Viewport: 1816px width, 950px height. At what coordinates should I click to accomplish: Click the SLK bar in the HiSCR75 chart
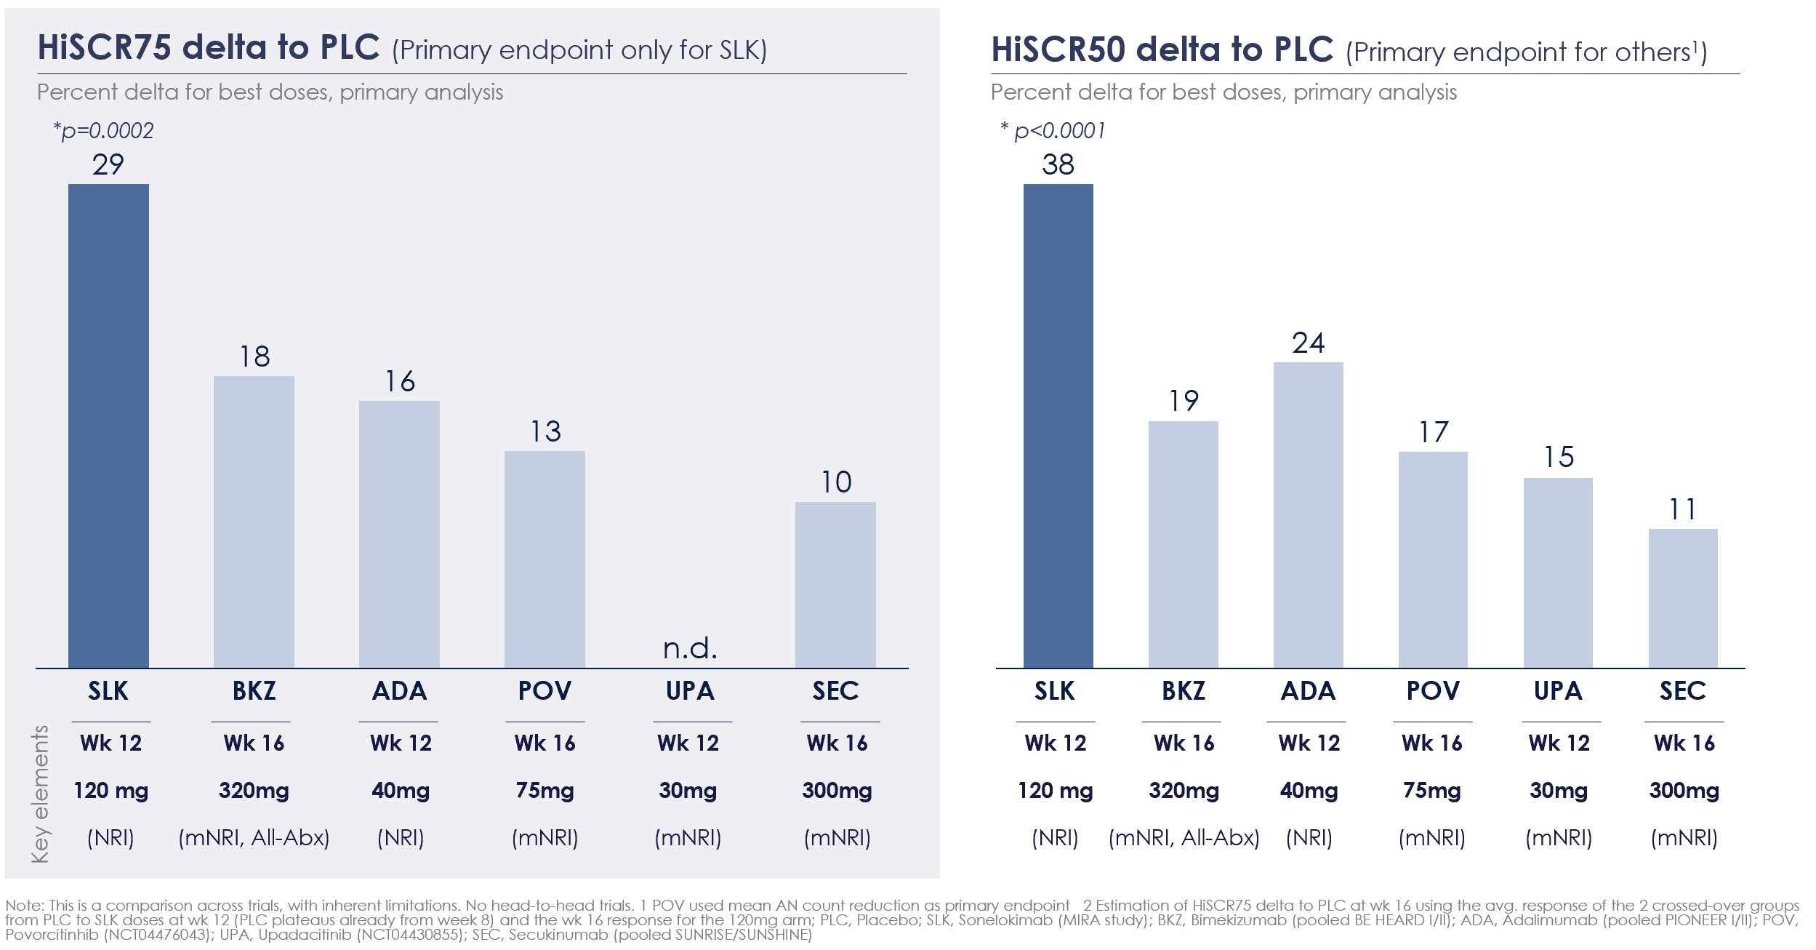point(108,426)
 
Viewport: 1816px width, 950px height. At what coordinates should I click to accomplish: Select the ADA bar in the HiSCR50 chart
point(1308,515)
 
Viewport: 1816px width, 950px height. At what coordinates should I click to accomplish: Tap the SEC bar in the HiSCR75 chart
point(835,585)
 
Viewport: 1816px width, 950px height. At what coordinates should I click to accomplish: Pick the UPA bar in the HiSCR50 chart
point(1558,572)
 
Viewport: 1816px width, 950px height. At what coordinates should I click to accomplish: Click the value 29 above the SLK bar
point(108,164)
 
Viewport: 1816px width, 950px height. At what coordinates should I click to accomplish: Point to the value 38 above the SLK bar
point(1058,164)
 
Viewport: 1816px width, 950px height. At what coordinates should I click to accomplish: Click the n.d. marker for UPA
point(690,647)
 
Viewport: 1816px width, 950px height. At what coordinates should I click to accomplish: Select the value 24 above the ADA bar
point(1308,343)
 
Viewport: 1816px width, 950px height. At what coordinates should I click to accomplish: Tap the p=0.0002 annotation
point(103,131)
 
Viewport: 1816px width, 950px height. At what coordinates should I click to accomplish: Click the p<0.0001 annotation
point(1053,131)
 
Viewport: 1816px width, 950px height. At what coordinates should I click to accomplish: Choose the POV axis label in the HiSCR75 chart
point(545,690)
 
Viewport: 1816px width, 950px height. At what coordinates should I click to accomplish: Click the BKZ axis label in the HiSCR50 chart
point(1183,690)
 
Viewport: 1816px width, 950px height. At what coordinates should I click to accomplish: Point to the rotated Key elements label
point(41,794)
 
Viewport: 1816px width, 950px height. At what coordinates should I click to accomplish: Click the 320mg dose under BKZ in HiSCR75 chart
point(254,790)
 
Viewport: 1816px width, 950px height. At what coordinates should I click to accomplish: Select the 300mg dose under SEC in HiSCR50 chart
point(1684,790)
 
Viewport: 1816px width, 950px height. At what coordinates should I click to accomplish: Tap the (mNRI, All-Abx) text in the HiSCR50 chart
point(1184,838)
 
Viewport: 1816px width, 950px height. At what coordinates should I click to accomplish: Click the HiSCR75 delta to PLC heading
point(209,48)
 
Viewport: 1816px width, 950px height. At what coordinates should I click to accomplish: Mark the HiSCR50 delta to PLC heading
point(1162,49)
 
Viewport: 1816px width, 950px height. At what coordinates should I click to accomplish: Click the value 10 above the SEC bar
point(836,482)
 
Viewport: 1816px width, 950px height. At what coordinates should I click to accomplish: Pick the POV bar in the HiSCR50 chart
point(1433,559)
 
